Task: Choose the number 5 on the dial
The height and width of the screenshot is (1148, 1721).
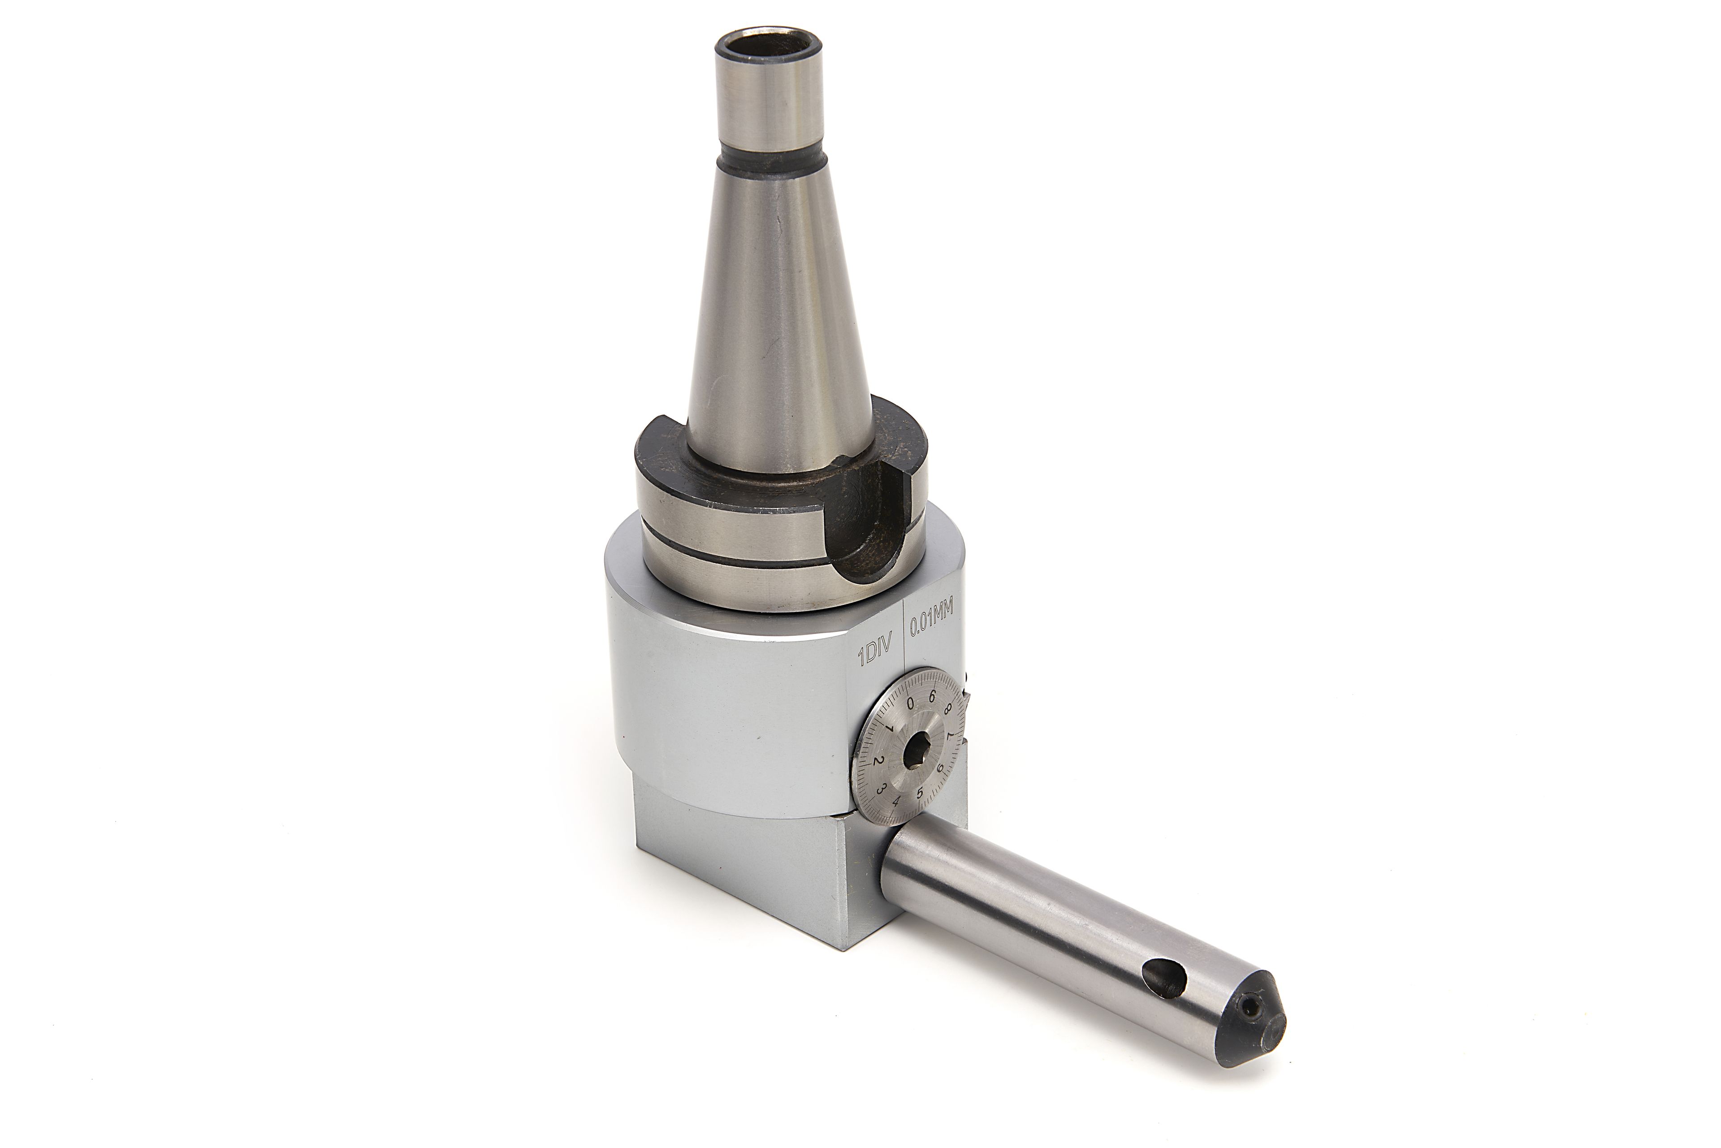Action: pyautogui.click(x=920, y=792)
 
